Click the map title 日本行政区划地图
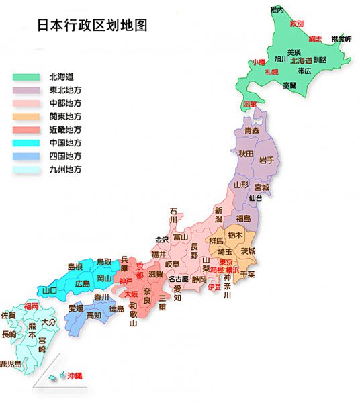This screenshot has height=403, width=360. click(x=92, y=25)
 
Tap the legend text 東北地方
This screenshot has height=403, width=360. click(x=65, y=90)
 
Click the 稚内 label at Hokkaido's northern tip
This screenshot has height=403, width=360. click(x=277, y=9)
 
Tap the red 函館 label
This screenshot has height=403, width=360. click(x=250, y=105)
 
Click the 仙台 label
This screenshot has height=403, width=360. click(x=255, y=199)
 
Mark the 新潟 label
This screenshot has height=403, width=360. click(x=218, y=215)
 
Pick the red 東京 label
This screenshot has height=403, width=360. click(x=226, y=262)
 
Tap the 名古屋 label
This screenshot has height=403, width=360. click(x=179, y=279)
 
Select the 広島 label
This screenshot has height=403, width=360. click(x=83, y=283)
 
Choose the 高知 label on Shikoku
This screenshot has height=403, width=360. click(x=94, y=314)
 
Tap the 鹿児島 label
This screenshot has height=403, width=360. click(x=11, y=363)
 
